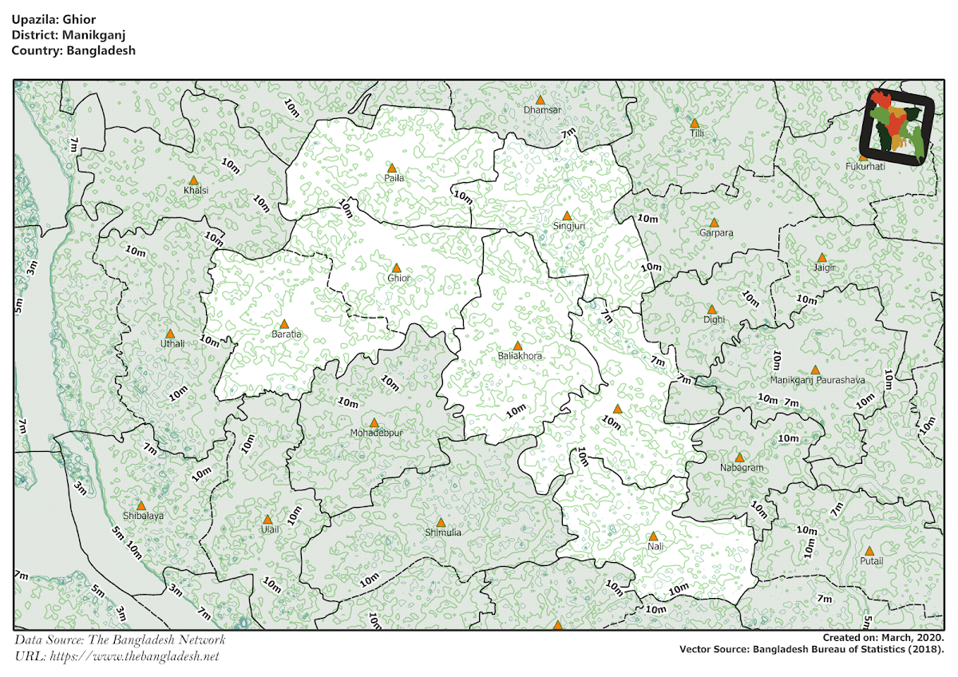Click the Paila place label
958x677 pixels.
pos(391,179)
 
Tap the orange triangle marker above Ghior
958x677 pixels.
pos(396,268)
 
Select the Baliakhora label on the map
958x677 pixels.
pos(520,355)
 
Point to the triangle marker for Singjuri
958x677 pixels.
pos(567,216)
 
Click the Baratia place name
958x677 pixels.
pos(287,335)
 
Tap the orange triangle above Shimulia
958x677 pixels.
pos(441,522)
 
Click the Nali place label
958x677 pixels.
pos(655,546)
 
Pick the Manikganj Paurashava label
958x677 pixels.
pos(817,380)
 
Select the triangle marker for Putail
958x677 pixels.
pos(869,551)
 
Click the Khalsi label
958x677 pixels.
pos(196,191)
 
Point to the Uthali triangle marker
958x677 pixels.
pos(169,334)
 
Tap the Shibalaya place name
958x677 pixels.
pos(143,516)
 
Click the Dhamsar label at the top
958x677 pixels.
pos(542,109)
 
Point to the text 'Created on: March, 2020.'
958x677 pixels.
pos(883,638)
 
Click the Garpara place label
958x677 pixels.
pos(715,233)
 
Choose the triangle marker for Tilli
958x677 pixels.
pos(695,124)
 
